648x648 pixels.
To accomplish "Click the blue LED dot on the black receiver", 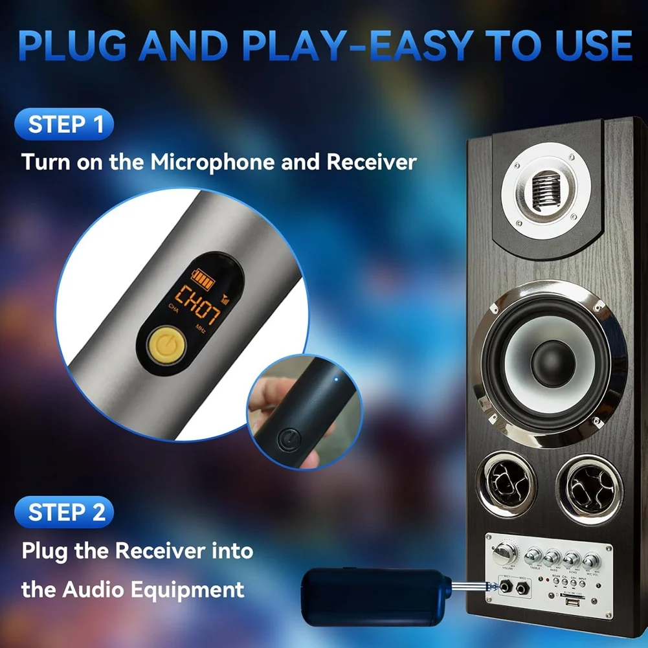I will coord(335,379).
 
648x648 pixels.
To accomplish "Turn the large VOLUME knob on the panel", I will coord(504,553).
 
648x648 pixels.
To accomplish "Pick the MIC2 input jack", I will coord(521,589).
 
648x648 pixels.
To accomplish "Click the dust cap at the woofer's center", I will coord(553,363).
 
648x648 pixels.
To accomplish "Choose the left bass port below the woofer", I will coord(506,483).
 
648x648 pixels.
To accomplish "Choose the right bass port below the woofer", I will coord(589,486).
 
